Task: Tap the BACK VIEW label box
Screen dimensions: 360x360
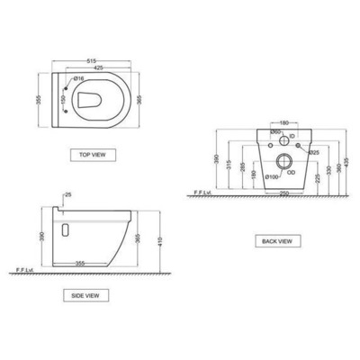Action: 275,240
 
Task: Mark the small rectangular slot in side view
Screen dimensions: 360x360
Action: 64,229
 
